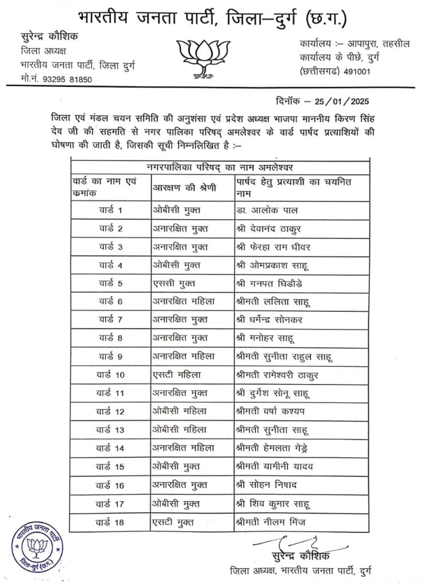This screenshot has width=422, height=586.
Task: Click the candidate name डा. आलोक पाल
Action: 266,210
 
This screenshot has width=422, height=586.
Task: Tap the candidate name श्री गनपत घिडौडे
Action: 275,283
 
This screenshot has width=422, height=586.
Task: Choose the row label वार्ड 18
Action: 111,521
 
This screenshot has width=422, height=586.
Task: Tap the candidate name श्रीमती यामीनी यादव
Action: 275,466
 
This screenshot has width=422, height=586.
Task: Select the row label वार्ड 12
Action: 111,411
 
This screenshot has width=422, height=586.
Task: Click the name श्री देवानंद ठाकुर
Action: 269,228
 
